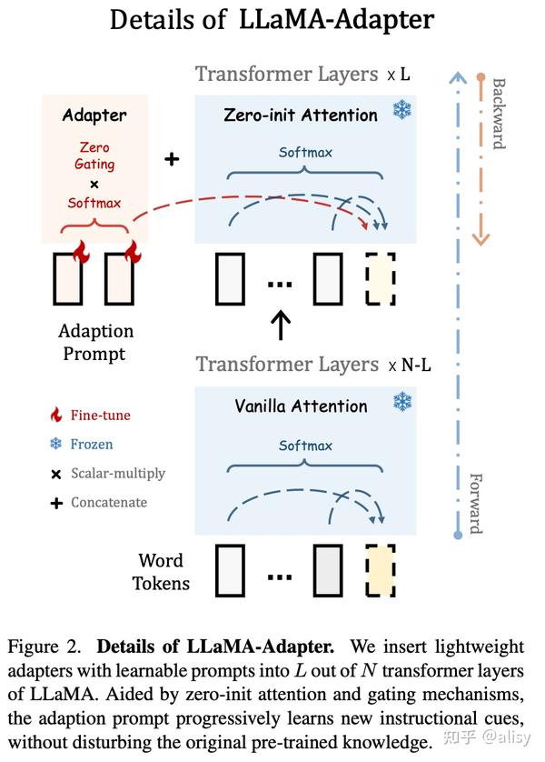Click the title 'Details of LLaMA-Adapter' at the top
tap(272, 20)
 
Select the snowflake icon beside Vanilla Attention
tap(401, 402)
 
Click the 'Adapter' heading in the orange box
tap(94, 115)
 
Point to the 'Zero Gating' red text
tap(94, 155)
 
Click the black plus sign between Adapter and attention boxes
tap(171, 159)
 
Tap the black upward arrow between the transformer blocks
tap(282, 323)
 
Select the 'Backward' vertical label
tap(499, 114)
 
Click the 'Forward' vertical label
tap(474, 503)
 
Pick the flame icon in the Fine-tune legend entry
tap(56, 416)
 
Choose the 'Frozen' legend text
tap(92, 445)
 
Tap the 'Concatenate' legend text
tap(108, 502)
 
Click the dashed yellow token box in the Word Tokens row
tap(381, 570)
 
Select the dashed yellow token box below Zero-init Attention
tap(381, 279)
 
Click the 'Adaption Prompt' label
tap(95, 342)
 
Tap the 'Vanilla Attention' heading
tap(301, 406)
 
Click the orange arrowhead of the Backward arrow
tap(481, 238)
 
